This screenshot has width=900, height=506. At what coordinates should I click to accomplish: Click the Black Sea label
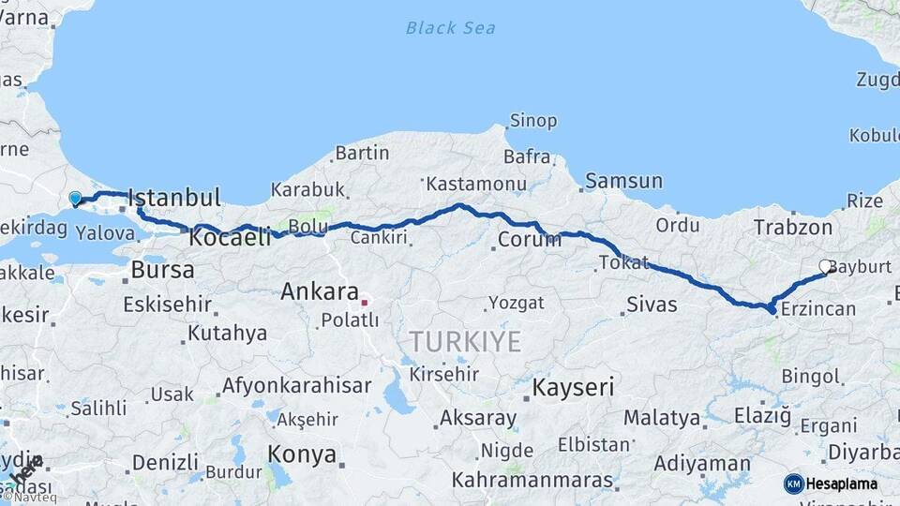click(450, 28)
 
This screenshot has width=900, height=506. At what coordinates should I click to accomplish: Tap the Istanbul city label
click(174, 198)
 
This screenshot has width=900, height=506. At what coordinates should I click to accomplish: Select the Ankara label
click(320, 292)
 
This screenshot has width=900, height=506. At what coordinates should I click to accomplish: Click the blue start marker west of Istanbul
click(75, 198)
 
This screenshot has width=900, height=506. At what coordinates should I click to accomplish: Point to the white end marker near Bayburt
click(826, 267)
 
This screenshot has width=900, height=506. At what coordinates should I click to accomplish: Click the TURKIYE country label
click(464, 342)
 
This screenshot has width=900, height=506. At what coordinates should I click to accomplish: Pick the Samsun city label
click(623, 182)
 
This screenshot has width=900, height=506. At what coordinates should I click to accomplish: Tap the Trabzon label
click(793, 227)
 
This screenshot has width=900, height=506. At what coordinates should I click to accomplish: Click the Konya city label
click(302, 455)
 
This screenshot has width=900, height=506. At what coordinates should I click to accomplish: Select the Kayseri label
click(573, 386)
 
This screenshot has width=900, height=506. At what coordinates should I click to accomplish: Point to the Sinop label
click(532, 121)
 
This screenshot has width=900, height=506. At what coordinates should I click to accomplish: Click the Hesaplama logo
click(831, 484)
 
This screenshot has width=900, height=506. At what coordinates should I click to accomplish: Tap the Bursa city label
click(162, 271)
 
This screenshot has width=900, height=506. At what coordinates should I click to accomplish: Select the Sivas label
click(651, 304)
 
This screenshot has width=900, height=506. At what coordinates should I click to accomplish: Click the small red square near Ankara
click(365, 303)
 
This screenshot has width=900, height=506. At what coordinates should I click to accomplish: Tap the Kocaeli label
click(230, 238)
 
